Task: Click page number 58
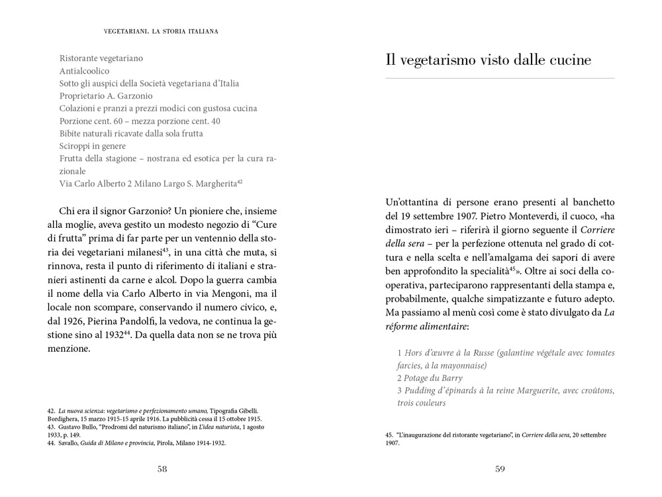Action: (162, 469)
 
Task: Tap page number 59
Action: (500, 469)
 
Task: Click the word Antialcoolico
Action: (84, 71)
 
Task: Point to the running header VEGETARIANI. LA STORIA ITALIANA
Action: (162, 30)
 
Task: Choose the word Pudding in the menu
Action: (418, 390)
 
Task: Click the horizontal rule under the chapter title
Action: (500, 79)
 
